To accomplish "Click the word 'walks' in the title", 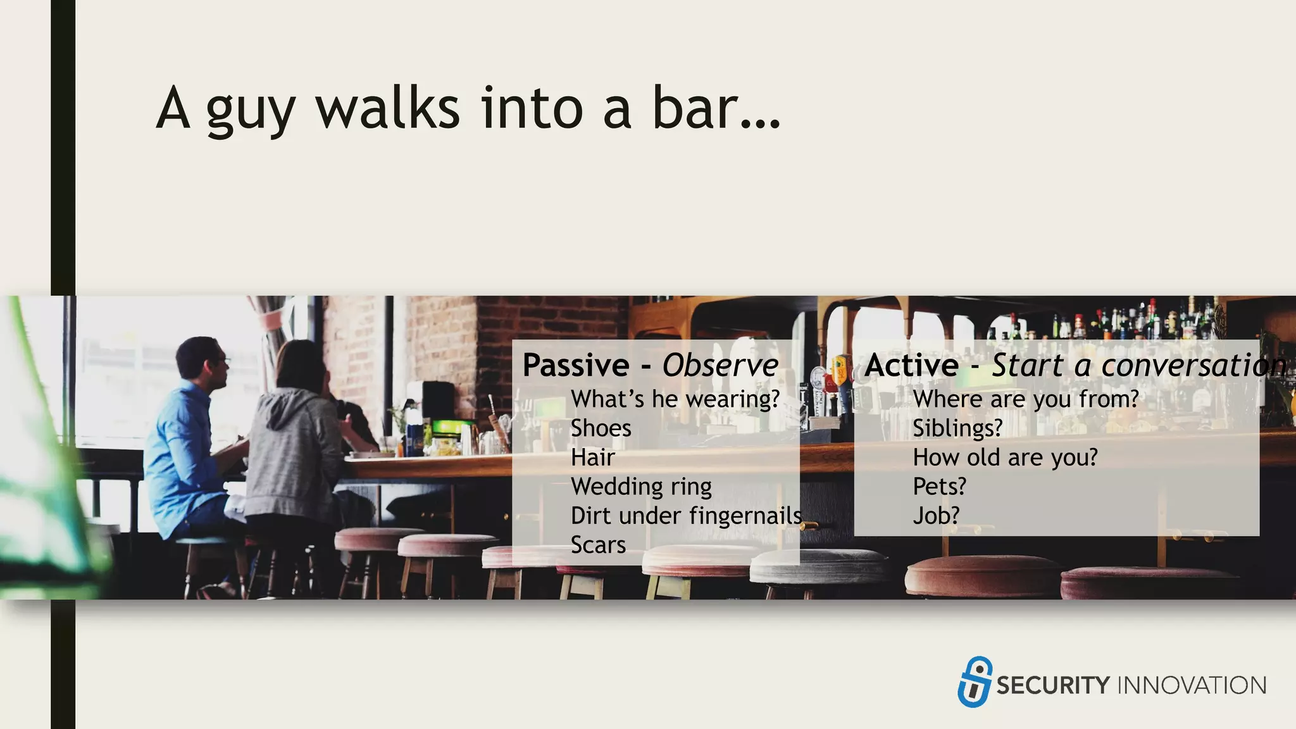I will [387, 109].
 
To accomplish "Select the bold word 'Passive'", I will [576, 366].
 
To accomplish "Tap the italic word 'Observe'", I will [720, 366].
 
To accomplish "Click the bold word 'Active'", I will [912, 366].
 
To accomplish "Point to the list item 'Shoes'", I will [601, 428].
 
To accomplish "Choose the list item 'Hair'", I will [592, 458].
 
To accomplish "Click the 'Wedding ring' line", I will [641, 487].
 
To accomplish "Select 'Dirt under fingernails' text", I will [686, 516].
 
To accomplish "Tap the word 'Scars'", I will [598, 545].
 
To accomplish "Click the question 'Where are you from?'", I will [1025, 399].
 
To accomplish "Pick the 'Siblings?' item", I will [957, 428].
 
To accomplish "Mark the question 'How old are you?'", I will [1005, 458].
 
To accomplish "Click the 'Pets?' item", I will [939, 487].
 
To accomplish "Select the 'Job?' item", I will [936, 516].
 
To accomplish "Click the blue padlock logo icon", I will [975, 682].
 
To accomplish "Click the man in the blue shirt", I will [187, 443].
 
